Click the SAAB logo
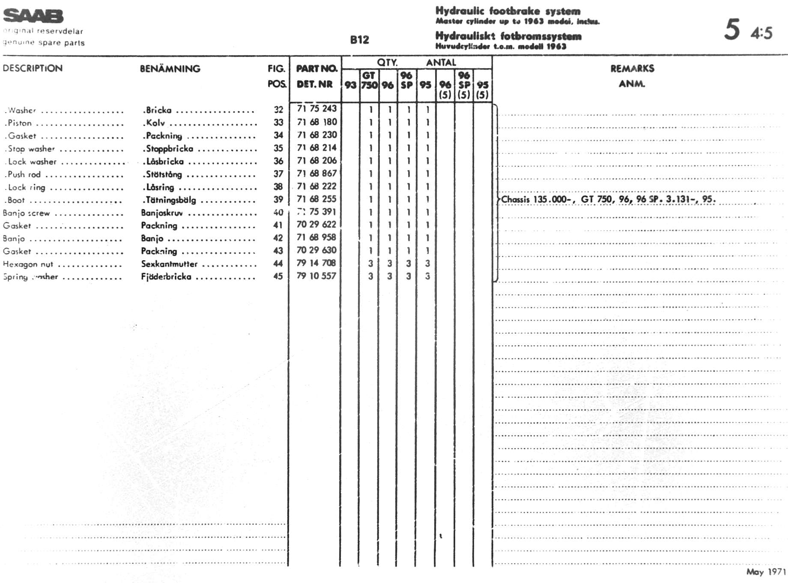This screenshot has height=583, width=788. pos(33,16)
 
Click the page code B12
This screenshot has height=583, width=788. pos(359,40)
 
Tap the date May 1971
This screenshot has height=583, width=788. pos(766,571)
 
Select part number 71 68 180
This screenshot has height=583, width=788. pos(317,122)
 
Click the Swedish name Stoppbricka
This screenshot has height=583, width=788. pos(170,149)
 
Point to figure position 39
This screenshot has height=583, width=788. pos(278,199)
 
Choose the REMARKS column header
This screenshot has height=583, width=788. pos(632,69)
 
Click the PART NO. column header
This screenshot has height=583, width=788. pos(316,69)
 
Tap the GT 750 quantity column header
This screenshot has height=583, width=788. pos(369,80)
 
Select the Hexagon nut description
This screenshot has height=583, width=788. pos(28,264)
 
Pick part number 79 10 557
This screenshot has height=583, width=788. pos(316,276)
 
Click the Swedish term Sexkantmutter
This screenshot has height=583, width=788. pos(170,264)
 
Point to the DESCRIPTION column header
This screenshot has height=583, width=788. pos(33,68)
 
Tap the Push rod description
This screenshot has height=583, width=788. pos(24,174)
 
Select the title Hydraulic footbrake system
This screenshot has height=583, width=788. pos(508,11)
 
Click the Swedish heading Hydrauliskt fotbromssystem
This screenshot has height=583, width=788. pos(508,36)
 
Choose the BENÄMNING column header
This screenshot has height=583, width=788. pos(170,69)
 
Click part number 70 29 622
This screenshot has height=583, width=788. pos(316,225)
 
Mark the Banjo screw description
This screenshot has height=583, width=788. pos(26,213)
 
